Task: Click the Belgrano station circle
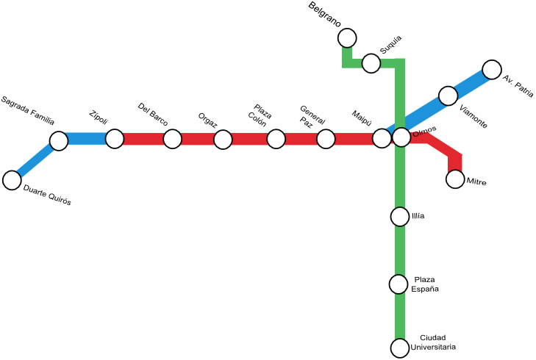(x=347, y=37)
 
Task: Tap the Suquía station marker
(x=371, y=63)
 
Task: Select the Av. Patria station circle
(x=491, y=70)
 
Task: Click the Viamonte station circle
(x=448, y=96)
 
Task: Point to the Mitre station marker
(x=455, y=179)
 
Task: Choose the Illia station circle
(x=399, y=217)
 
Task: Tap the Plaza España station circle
(x=399, y=284)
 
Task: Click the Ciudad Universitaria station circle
(x=399, y=347)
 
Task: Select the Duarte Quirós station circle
(x=12, y=180)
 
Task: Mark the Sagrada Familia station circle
(x=59, y=140)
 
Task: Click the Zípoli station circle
(x=115, y=138)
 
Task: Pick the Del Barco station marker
(x=172, y=138)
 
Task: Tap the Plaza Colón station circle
(x=276, y=138)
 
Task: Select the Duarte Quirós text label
(x=47, y=196)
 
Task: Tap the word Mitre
(x=476, y=180)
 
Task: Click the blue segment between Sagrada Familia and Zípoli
(x=87, y=138)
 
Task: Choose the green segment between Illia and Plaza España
(x=399, y=250)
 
